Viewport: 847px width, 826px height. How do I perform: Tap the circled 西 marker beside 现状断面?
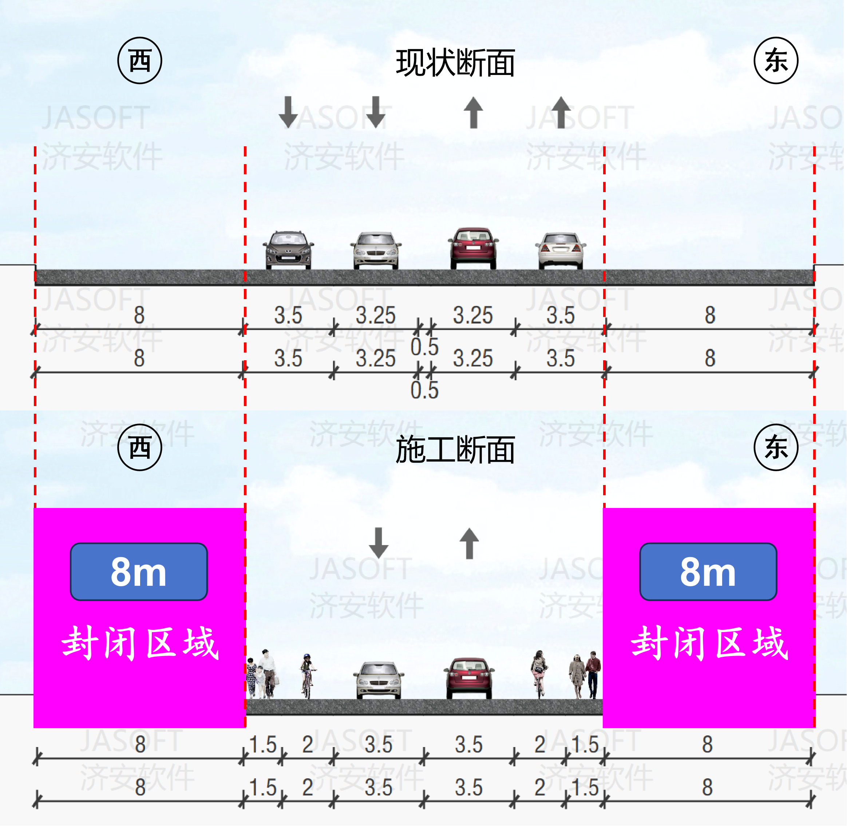tap(140, 60)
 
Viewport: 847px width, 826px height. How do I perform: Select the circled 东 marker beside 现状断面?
tap(776, 60)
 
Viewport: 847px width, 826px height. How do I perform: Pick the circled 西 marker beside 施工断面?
tap(140, 447)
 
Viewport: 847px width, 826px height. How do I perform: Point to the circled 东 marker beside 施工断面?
tap(776, 447)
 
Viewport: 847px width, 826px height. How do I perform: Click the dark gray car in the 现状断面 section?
tap(288, 250)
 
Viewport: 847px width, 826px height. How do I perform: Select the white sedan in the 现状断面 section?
tap(560, 251)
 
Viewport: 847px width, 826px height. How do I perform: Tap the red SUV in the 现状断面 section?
tap(474, 248)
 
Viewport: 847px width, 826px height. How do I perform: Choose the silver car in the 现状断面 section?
tap(376, 251)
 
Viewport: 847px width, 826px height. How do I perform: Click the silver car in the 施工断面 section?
tap(379, 680)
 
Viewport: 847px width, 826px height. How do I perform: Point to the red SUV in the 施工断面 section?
tap(469, 678)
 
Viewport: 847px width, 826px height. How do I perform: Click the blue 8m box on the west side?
tap(139, 572)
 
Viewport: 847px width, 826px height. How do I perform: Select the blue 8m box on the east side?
tap(708, 572)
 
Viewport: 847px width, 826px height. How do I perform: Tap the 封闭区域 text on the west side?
tap(140, 643)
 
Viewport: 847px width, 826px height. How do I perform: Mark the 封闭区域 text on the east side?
tap(709, 643)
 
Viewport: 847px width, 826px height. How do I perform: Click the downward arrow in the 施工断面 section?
tap(379, 543)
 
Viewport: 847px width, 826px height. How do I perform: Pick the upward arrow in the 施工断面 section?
tap(469, 543)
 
